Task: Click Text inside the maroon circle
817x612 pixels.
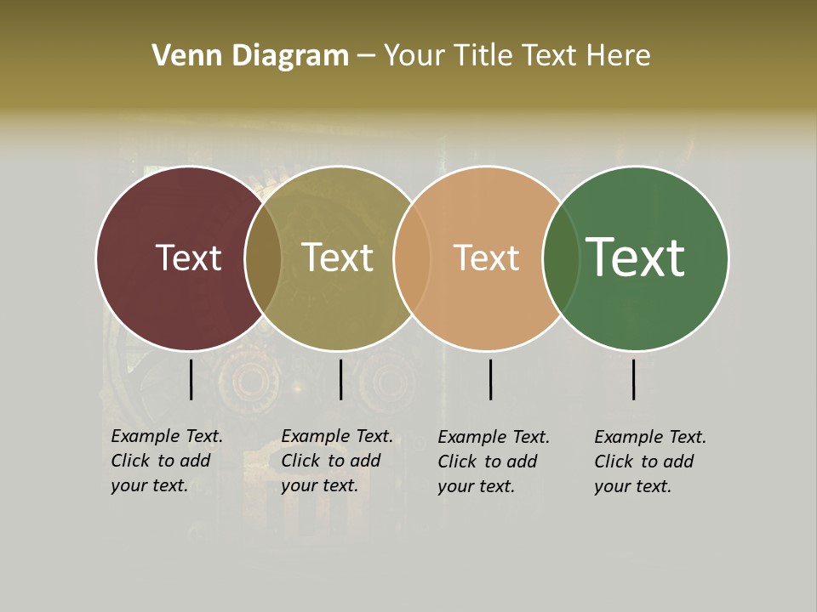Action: (188, 258)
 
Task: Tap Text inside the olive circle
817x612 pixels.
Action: (337, 258)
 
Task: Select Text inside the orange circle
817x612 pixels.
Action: (486, 258)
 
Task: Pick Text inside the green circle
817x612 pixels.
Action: (636, 258)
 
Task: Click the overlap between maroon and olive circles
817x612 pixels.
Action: (263, 258)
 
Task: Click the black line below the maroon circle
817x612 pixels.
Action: (191, 379)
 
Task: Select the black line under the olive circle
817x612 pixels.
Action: (340, 379)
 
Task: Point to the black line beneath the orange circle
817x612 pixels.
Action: (490, 379)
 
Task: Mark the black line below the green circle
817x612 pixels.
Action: (633, 379)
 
